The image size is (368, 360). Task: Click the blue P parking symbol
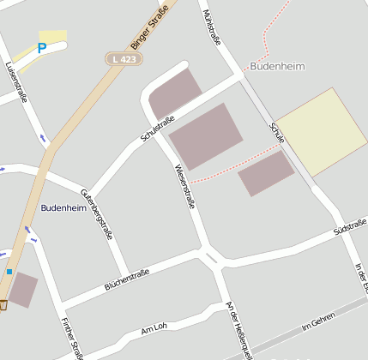[41, 50]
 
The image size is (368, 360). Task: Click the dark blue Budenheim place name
[63, 208]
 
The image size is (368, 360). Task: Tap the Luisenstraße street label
[16, 81]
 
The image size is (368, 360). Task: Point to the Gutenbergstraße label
[96, 212]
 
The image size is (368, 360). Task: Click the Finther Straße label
[71, 338]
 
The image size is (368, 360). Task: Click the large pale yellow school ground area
[321, 132]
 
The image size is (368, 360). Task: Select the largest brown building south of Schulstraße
[206, 136]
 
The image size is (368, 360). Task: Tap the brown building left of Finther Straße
[23, 291]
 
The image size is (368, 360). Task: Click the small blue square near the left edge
[9, 272]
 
